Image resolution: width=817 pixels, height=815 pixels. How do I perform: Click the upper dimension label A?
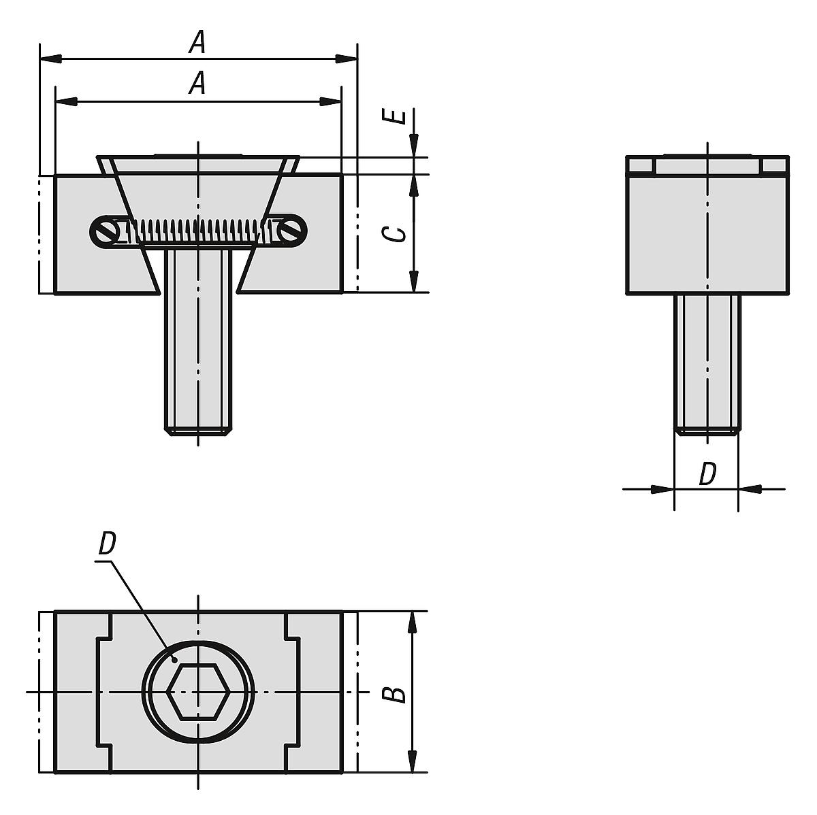197,44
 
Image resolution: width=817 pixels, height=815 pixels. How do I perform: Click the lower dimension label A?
197,84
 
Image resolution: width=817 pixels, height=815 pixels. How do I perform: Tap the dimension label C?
395,233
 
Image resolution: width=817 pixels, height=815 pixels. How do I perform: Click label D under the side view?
708,474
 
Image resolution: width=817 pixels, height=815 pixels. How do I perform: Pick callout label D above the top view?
106,544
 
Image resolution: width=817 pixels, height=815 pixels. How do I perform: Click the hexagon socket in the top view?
198,692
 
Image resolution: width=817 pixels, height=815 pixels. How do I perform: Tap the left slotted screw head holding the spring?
106,233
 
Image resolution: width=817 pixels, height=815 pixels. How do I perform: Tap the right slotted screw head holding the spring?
291,232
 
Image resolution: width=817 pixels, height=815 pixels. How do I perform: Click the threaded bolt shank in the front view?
198,340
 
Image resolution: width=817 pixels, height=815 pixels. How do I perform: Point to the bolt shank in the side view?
707,361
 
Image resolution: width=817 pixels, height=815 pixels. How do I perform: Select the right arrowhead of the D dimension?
750,488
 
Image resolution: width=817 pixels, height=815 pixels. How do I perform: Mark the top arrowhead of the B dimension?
413,621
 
